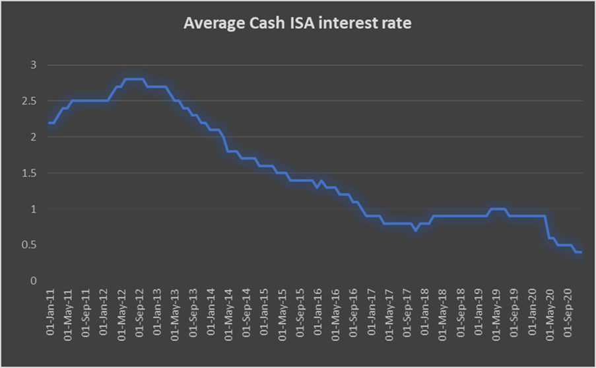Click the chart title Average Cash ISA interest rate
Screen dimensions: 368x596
pos(298,24)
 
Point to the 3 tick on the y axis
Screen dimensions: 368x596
pos(33,65)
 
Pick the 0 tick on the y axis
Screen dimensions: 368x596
pos(33,281)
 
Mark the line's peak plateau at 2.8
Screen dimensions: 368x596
pos(134,79)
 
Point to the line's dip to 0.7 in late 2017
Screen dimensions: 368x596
pos(415,230)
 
